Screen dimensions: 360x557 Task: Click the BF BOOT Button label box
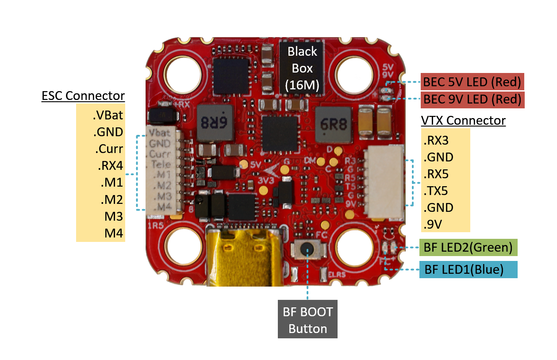click(x=307, y=320)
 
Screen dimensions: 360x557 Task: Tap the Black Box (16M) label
click(x=302, y=68)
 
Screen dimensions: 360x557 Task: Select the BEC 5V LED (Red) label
click(x=472, y=82)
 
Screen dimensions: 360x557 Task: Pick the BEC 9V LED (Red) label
click(x=472, y=100)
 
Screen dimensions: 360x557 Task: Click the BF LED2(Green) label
click(x=468, y=247)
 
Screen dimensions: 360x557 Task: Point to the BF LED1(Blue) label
click(x=468, y=269)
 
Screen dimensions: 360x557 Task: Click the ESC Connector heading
click(x=83, y=96)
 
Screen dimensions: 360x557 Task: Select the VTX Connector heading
click(x=463, y=121)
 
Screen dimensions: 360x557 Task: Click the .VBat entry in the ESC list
click(x=108, y=116)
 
